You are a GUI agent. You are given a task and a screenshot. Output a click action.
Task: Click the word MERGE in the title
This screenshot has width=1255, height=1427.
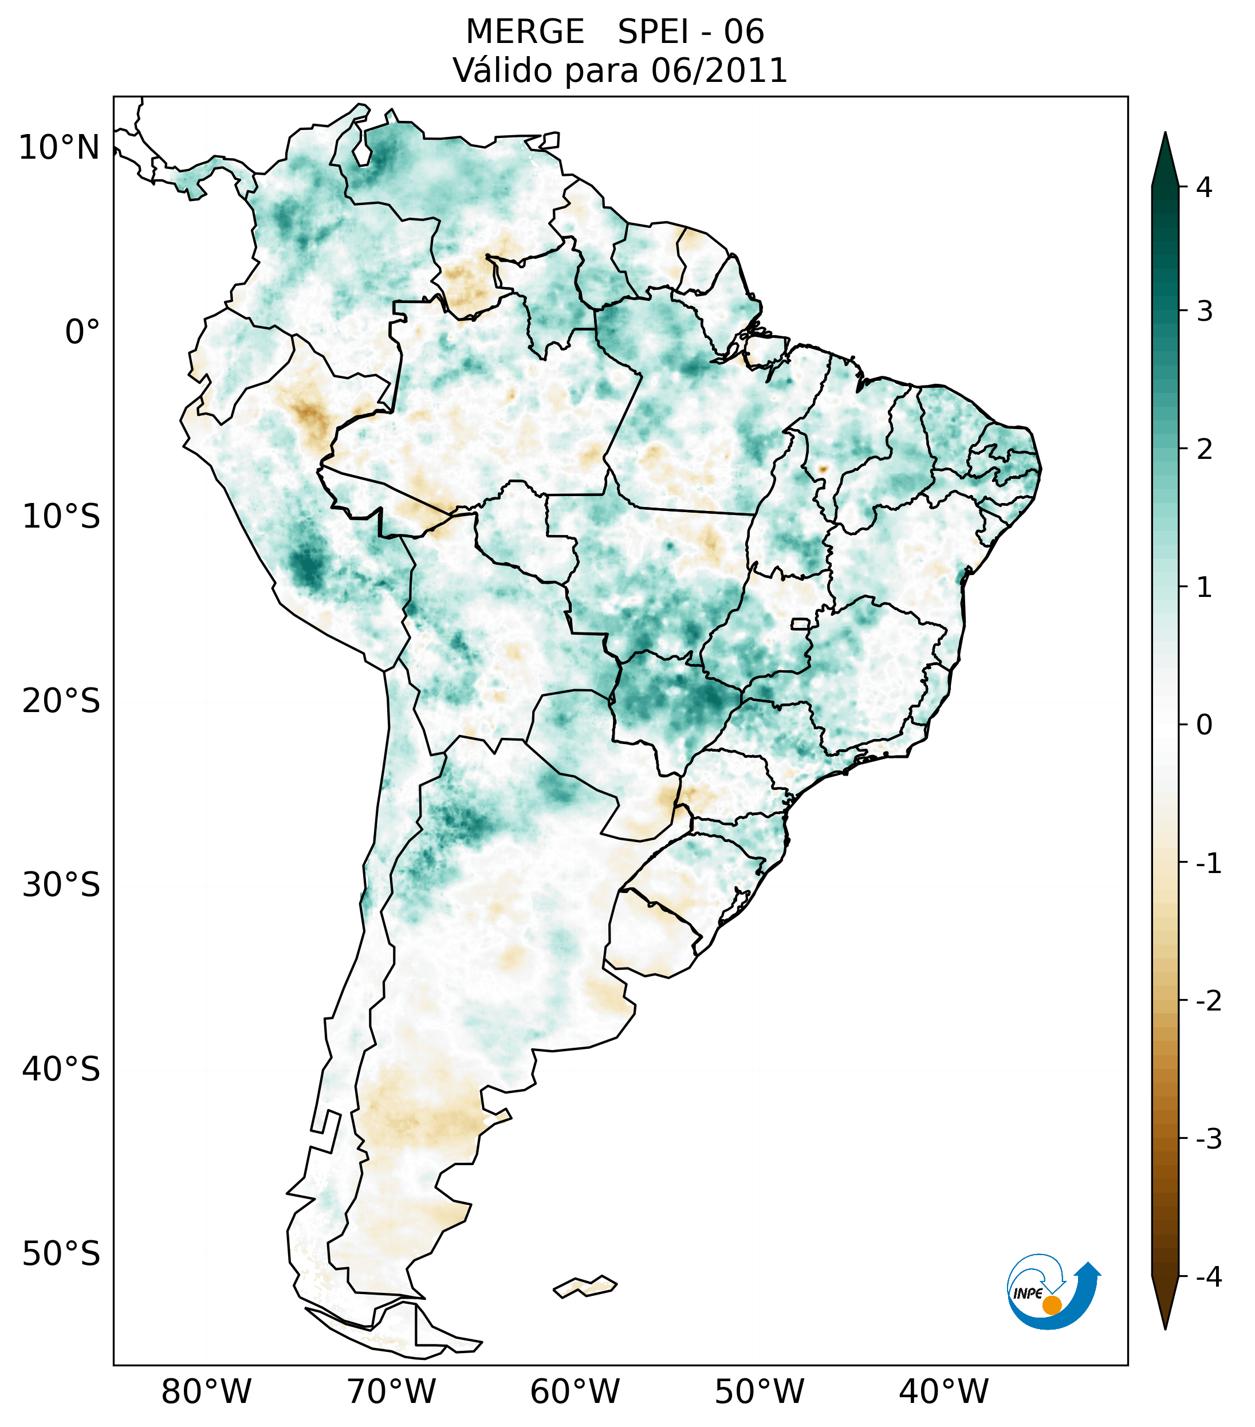pos(524,32)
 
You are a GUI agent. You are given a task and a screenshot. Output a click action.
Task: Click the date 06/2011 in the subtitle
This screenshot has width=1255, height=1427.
pos(719,70)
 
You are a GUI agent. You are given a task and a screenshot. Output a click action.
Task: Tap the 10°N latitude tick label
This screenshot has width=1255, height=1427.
pos(60,148)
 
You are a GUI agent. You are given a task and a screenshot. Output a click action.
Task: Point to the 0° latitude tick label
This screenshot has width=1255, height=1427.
pos(82,332)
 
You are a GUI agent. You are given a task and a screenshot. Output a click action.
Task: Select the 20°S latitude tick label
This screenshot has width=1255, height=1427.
pos(61,701)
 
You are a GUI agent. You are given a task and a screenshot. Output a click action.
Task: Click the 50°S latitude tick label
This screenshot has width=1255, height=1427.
pos(61,1254)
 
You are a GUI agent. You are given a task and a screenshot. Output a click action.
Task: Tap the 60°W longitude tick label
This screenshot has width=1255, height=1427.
pos(575,1391)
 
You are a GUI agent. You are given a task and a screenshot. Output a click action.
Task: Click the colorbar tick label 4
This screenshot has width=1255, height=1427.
pos(1204,187)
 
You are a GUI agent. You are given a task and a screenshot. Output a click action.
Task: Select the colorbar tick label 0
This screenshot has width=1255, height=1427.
pos(1204,725)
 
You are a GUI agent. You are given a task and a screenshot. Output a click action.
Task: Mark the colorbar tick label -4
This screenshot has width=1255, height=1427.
pos(1208,1277)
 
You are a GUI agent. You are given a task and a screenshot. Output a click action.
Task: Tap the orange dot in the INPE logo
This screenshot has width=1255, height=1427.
pos(1052,1305)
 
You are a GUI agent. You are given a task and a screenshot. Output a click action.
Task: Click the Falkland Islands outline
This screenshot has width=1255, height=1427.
pos(585,1286)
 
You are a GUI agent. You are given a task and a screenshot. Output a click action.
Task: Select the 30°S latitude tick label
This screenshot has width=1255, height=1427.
pos(61,885)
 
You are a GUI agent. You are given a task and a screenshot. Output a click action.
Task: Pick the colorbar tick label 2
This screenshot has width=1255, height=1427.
pos(1204,450)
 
